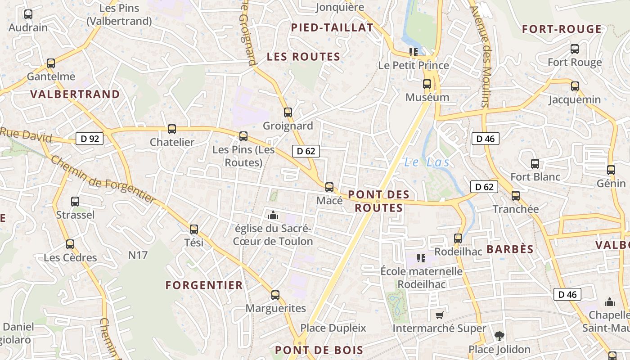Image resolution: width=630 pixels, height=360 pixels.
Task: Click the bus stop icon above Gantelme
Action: click(51, 63)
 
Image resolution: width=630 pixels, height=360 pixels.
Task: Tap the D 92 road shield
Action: click(90, 139)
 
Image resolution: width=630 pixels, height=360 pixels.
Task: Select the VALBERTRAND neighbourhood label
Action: click(75, 94)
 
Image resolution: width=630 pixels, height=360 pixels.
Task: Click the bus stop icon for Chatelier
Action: click(171, 129)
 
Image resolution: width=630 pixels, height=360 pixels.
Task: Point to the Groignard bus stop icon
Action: click(288, 112)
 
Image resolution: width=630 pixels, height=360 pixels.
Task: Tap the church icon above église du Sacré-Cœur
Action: click(273, 215)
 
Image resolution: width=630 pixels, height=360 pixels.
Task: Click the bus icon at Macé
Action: click(329, 187)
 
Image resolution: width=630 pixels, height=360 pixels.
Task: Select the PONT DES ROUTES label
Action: click(379, 201)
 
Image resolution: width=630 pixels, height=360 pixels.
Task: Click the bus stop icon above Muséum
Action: click(427, 84)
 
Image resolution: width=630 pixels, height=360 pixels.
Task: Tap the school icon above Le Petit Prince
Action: click(414, 52)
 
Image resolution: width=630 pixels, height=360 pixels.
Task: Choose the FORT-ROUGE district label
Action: click(562, 29)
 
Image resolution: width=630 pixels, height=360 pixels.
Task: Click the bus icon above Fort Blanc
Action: click(535, 164)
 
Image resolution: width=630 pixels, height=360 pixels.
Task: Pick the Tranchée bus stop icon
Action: click(516, 196)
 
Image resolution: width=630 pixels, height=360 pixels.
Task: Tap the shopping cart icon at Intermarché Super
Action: click(439, 315)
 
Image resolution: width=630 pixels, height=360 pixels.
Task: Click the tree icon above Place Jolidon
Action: click(499, 336)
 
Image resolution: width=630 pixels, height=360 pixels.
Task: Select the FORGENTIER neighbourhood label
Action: click(204, 285)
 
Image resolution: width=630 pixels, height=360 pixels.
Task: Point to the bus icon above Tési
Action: click(194, 229)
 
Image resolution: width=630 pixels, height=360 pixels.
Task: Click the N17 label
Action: click(138, 255)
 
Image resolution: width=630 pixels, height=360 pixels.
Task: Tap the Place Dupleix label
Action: click(333, 328)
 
